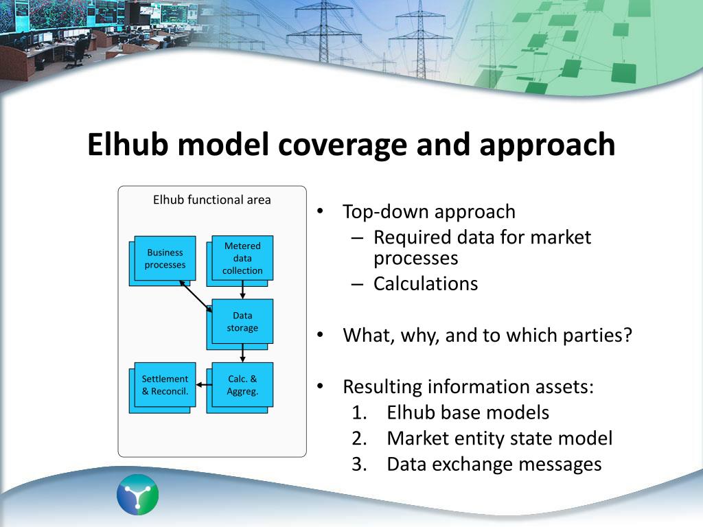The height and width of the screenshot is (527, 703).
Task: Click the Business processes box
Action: point(165,259)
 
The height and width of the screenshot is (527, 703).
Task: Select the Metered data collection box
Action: point(242,258)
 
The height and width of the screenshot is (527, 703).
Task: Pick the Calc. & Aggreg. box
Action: point(242,385)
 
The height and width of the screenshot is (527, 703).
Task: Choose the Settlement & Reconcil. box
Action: point(165,385)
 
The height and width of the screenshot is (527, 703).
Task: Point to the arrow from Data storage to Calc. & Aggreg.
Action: point(242,353)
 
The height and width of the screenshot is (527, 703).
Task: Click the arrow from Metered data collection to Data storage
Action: point(242,290)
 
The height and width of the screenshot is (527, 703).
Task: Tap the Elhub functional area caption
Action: point(211,200)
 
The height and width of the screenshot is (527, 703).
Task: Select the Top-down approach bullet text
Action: point(428,212)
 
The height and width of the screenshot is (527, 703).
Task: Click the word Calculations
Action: point(426,284)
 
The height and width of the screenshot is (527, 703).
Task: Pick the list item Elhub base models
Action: point(468,413)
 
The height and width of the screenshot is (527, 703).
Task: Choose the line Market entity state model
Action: point(499,438)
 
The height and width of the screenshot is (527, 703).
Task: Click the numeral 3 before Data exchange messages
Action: point(358,465)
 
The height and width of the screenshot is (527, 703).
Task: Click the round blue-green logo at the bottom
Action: point(137,494)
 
